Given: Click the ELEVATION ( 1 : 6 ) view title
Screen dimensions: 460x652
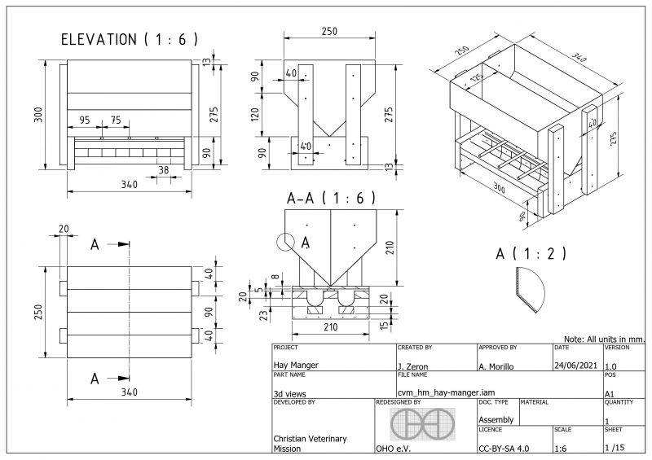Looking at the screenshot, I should coord(130,39).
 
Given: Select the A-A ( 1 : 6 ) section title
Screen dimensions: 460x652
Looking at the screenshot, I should coord(331,198).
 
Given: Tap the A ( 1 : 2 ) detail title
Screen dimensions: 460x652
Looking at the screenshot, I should coord(531,253).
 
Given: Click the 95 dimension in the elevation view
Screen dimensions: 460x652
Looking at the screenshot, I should coord(85,120).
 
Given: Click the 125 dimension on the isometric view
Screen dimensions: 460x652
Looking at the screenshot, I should coord(474,77).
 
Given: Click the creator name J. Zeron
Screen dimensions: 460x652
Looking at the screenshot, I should coord(413,366).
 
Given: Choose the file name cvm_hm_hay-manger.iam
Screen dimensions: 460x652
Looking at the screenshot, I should coord(438,393).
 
